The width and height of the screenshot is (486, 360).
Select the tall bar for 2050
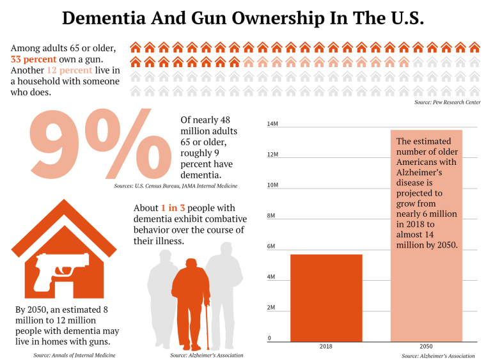tap(426, 288)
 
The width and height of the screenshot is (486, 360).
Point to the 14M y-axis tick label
tap(272, 124)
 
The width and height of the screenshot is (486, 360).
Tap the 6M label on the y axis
tap(270, 246)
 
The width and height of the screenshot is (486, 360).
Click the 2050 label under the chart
tap(426, 346)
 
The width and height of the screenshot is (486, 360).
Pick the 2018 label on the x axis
tap(325, 346)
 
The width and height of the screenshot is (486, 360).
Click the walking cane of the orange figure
tap(206, 326)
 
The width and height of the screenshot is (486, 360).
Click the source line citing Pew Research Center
tap(447, 102)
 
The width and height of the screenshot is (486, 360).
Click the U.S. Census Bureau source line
tap(176, 185)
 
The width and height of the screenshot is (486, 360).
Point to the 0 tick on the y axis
tap(269, 338)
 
